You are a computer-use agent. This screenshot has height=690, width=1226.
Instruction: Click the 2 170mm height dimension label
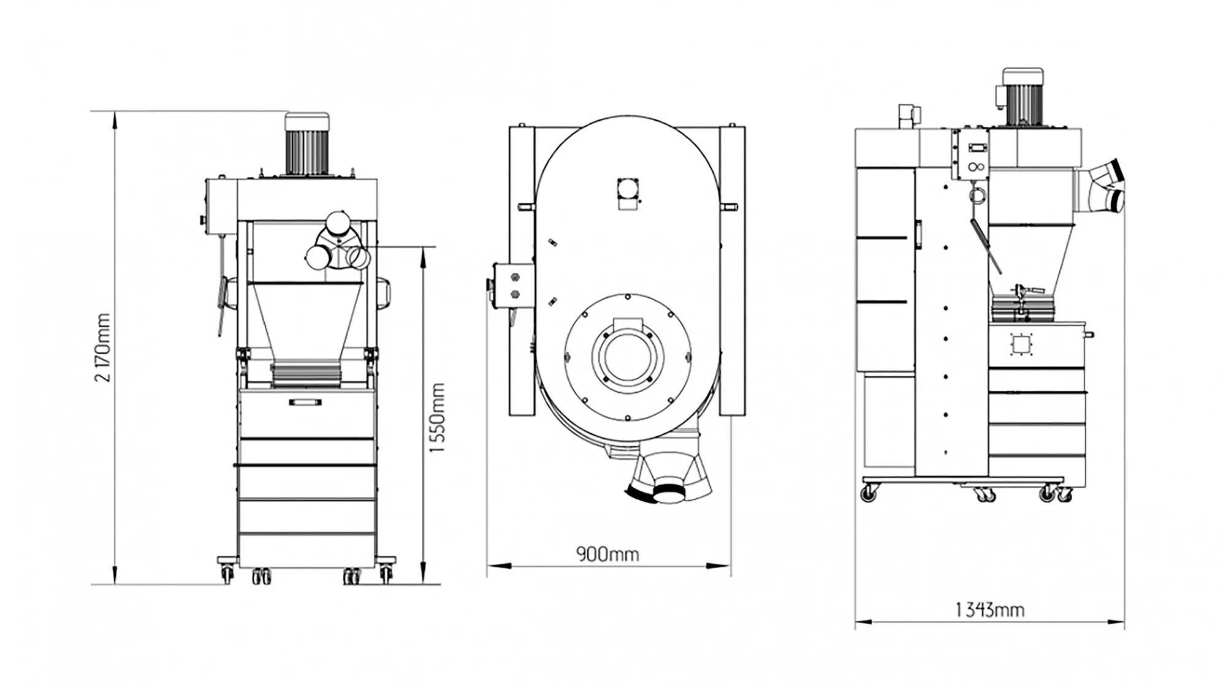coord(103,347)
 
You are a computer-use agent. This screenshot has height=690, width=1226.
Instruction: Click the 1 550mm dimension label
coord(436,418)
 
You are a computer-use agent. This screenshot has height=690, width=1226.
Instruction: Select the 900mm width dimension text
coord(607,555)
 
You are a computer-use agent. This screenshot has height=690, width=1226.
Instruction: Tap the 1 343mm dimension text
coord(989,610)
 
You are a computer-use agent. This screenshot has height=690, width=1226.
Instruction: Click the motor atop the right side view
coord(1022,98)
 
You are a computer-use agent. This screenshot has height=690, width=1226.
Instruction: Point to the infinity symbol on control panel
coord(975,167)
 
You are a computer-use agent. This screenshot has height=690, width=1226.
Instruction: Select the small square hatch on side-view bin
coord(1019,344)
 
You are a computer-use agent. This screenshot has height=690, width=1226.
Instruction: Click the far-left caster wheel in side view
coord(869,492)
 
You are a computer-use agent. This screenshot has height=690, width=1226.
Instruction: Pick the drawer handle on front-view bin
coord(305,401)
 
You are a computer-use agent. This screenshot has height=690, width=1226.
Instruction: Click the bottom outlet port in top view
coord(671,492)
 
